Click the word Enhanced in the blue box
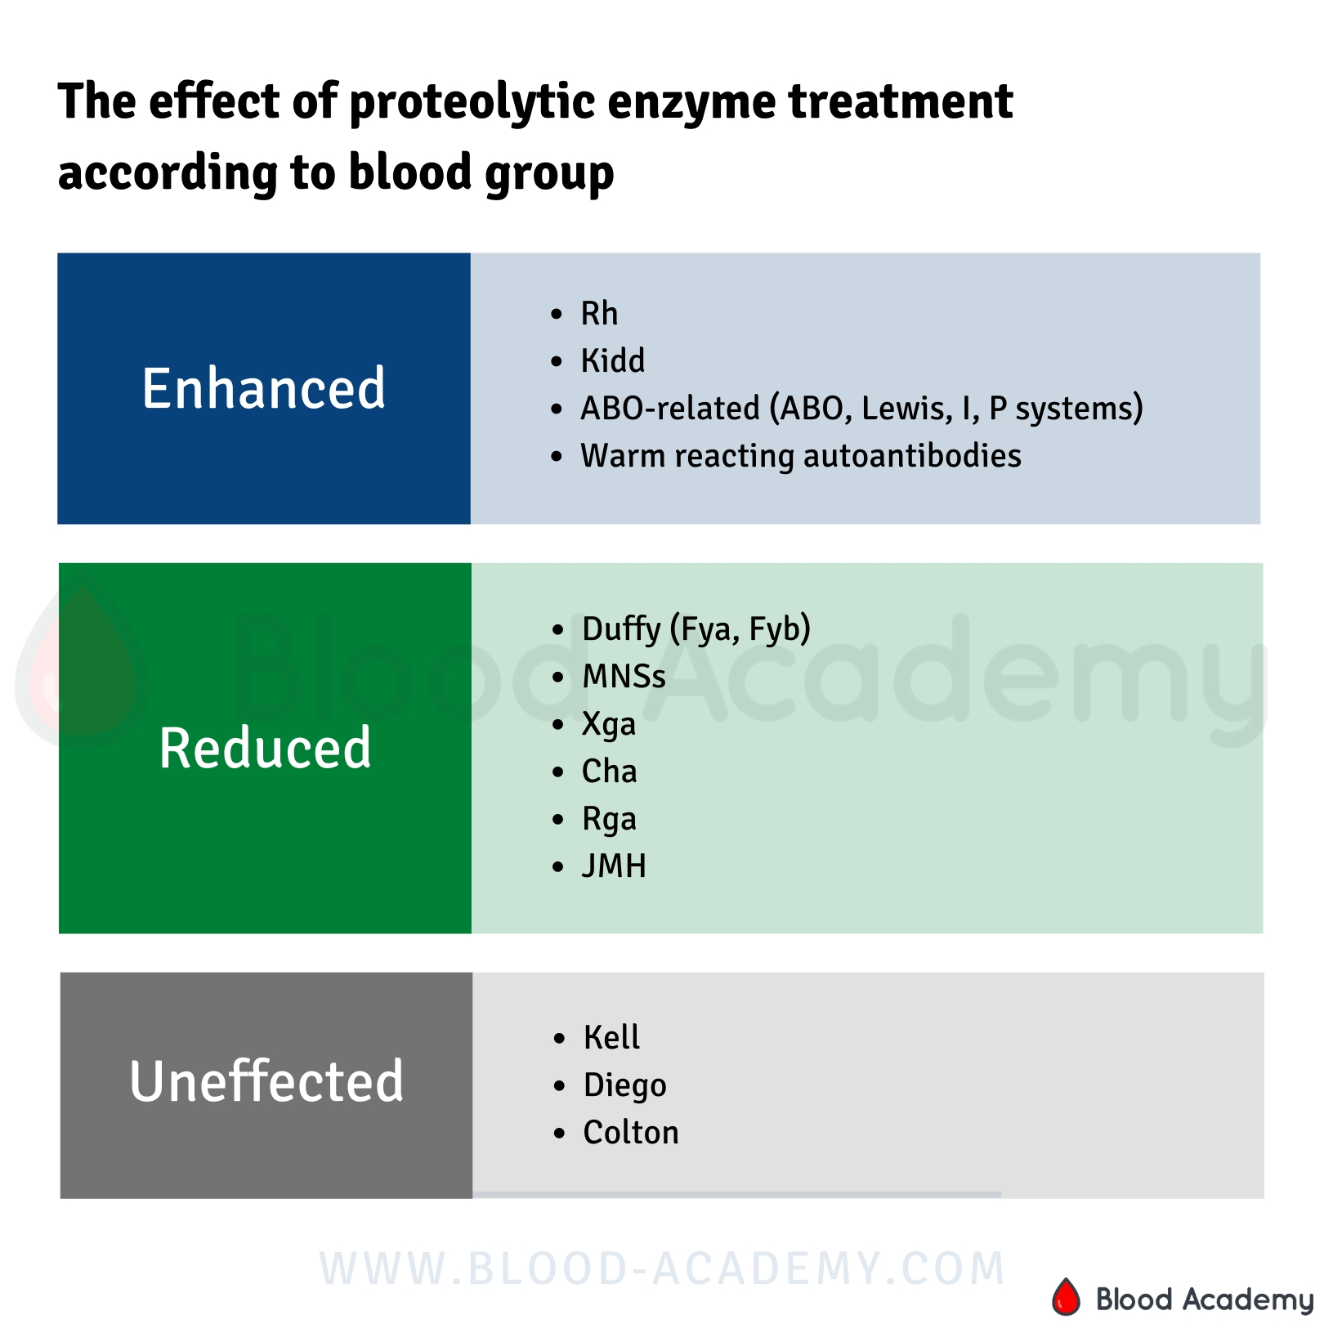263,388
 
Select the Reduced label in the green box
265,748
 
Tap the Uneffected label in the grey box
266,1081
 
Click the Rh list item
599,313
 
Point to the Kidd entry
612,360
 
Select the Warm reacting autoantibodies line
800,455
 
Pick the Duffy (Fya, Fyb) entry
696,628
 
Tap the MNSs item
624,676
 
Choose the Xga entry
609,724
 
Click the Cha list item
609,771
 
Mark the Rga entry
609,819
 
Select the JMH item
614,866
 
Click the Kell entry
611,1037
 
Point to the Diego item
624,1085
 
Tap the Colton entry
630,1132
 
